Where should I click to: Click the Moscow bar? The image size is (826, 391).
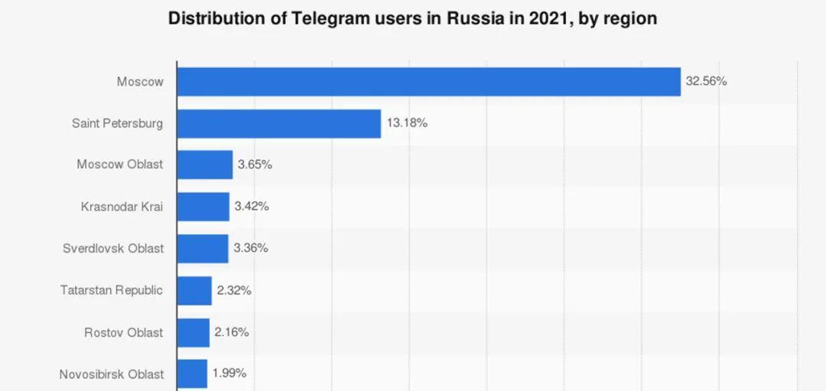coord(428,82)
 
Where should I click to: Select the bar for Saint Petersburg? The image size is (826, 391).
coord(278,123)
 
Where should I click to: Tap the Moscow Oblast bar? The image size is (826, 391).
coord(204,165)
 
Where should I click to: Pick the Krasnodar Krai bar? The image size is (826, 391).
coord(203,207)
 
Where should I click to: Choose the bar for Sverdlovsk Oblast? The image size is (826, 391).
coord(203,249)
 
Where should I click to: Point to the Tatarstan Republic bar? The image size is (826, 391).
coord(194,291)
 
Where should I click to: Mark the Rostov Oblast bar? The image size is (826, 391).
coord(193,333)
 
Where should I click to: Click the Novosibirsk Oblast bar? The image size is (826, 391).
coord(192,374)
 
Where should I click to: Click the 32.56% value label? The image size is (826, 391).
coord(706,81)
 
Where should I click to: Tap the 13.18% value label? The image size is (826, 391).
coord(406,123)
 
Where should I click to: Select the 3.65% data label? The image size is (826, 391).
coord(255,165)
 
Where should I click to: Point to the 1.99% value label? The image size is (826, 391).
coord(229,374)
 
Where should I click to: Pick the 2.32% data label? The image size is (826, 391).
coord(234,291)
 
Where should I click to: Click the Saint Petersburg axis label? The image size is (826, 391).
coord(117,123)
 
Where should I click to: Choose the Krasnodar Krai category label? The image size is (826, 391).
coord(122,207)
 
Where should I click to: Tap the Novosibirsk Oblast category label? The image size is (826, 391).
coord(112,374)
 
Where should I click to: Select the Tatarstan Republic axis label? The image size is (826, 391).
coord(112,291)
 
